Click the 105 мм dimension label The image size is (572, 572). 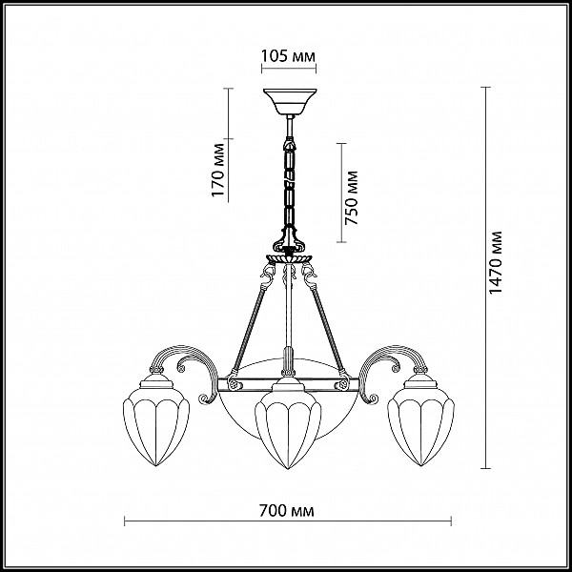288,56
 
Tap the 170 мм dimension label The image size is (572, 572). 217,170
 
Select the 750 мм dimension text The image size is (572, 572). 352,197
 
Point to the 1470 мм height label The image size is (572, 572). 496,262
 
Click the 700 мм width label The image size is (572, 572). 287,511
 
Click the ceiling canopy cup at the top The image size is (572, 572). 290,101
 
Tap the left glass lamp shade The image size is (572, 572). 156,424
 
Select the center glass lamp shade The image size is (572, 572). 288,426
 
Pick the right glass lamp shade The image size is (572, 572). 421,424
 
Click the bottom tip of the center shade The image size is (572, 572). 288,469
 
